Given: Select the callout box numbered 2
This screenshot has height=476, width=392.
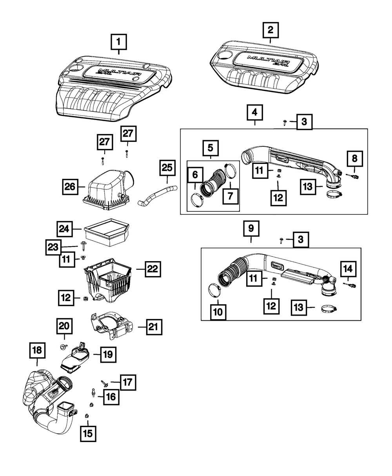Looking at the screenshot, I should click(x=270, y=30).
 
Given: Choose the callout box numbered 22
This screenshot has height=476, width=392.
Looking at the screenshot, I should click(x=152, y=269).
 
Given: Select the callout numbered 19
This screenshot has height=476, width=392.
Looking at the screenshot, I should click(x=108, y=354).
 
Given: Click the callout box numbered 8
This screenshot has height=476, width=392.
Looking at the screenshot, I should click(x=354, y=158).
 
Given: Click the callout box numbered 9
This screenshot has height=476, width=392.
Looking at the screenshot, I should click(x=251, y=228).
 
